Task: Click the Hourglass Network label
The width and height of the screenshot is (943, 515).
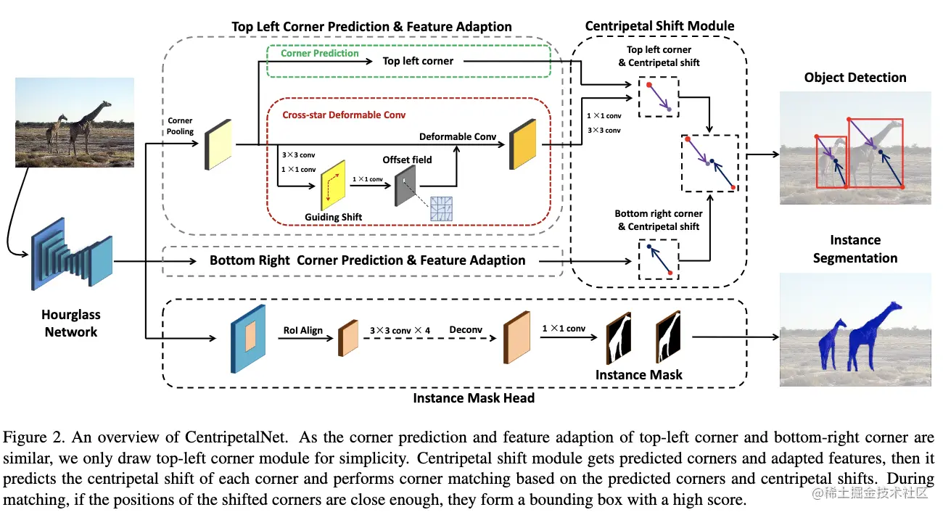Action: coord(71,324)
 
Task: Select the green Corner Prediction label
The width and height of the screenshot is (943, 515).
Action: coord(320,53)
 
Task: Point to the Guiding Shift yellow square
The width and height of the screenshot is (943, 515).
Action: coord(333,186)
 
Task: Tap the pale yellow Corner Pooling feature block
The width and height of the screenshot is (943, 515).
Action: coord(217,145)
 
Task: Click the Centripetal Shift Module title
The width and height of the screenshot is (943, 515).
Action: coord(659,26)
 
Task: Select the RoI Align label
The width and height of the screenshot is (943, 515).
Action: coord(302,330)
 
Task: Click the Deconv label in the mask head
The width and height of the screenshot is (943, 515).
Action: coord(466,329)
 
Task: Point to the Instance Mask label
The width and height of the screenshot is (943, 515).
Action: coord(639,374)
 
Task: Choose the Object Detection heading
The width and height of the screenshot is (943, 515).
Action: coord(855,78)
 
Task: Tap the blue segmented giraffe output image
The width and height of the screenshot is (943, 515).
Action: coord(855,329)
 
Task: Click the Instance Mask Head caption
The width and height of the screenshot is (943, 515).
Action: coord(474,397)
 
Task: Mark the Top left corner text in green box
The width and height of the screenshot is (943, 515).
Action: coord(418,61)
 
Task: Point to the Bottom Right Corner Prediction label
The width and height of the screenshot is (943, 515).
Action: coord(367,260)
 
